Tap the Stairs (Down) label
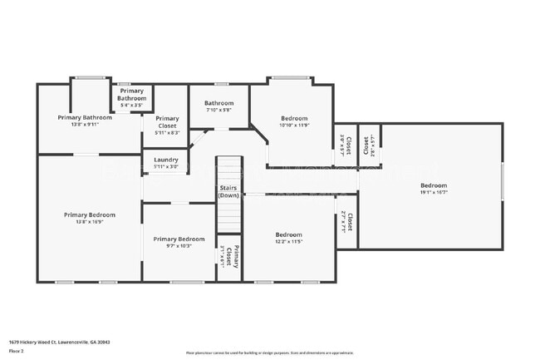[229, 191]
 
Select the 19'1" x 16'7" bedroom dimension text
[433, 192]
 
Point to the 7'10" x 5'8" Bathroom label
[219, 106]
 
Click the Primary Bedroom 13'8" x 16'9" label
[90, 218]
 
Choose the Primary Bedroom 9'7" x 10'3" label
[179, 242]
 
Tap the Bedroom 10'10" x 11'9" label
[294, 121]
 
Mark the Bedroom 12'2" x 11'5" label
[288, 239]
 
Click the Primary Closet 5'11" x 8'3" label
[167, 126]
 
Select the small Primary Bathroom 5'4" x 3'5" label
[131, 98]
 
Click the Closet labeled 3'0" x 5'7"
[345, 145]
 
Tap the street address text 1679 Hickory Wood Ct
[59, 342]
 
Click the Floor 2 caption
[17, 351]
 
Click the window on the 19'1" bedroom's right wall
[503, 181]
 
